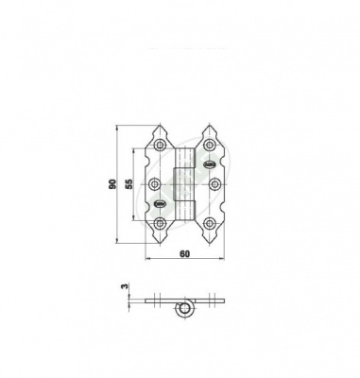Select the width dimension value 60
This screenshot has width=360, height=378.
click(x=185, y=253)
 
